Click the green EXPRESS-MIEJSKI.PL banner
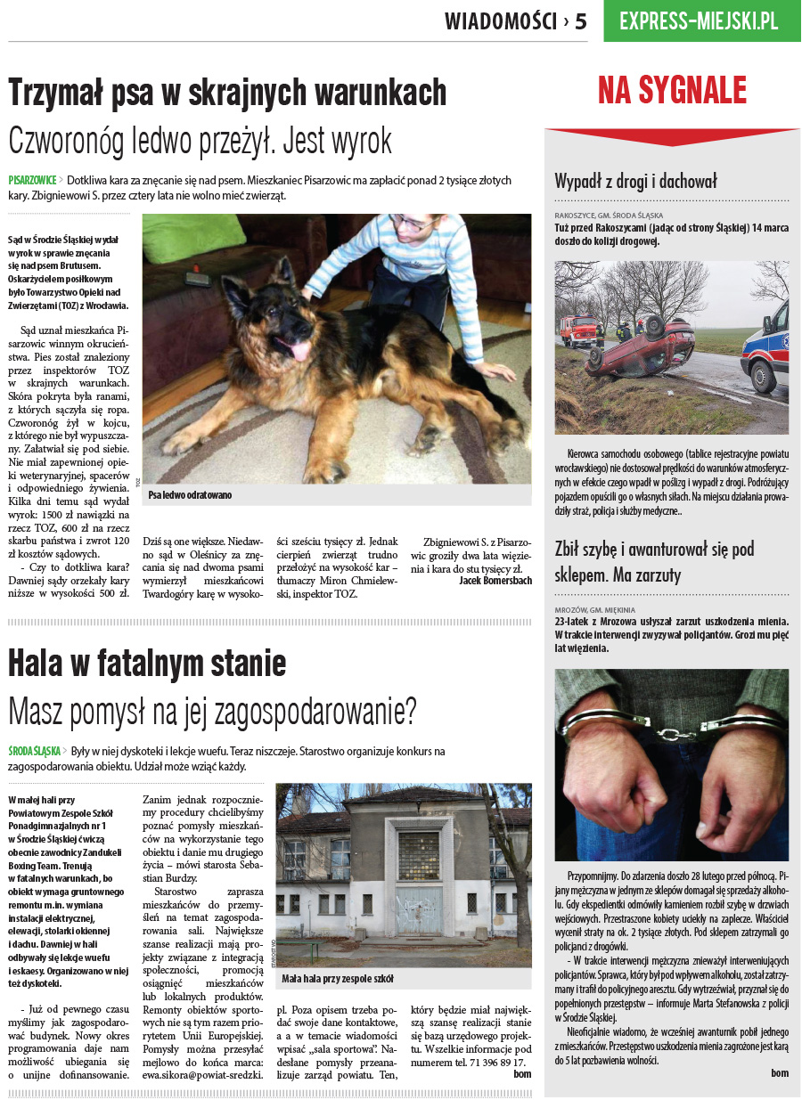(x=699, y=21)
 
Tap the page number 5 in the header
(x=581, y=21)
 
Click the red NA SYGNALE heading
(x=672, y=91)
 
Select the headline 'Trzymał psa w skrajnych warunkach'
(x=227, y=92)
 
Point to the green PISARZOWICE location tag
(x=33, y=180)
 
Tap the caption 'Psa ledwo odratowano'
(x=190, y=494)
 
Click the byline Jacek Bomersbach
(x=495, y=580)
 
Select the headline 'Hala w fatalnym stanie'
(x=147, y=663)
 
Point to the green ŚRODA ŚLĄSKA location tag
(x=35, y=752)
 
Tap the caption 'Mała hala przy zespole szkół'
(x=337, y=979)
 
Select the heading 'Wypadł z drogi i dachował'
(x=635, y=182)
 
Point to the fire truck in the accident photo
(x=577, y=329)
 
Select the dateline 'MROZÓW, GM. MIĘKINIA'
(x=594, y=610)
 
